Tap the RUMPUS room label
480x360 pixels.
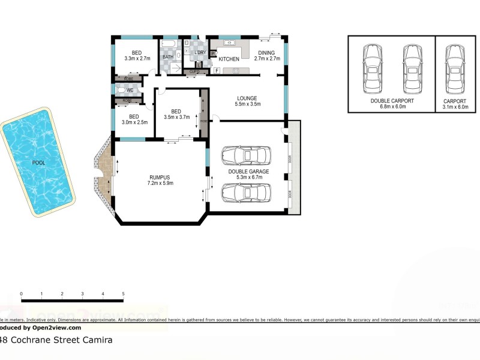160,177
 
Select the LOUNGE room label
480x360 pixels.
247,98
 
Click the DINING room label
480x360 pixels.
267,52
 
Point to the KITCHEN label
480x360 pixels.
229,59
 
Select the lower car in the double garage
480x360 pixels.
245,193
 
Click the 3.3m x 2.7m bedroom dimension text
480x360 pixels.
137,59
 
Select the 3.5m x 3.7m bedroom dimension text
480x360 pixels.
176,117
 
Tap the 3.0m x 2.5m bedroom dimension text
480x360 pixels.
134,122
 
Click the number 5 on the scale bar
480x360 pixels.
123,294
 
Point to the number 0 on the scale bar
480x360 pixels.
21,294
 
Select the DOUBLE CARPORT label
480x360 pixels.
392,101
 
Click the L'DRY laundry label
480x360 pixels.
199,53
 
